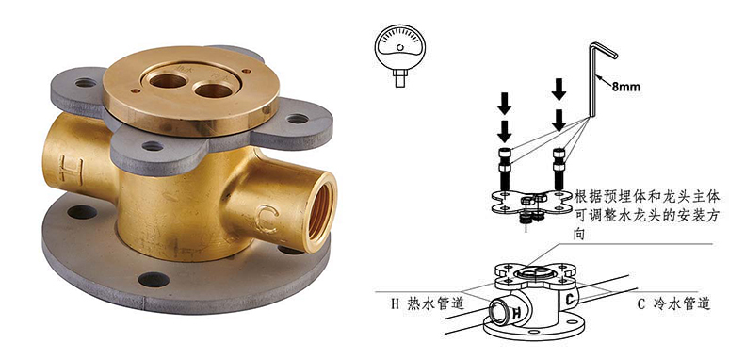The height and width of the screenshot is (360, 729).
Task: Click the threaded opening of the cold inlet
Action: (x=321, y=205)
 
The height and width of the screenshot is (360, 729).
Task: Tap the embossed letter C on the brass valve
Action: (x=267, y=219)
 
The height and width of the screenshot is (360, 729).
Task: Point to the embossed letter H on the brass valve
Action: (x=71, y=171)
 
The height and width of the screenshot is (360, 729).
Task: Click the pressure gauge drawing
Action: (x=400, y=55)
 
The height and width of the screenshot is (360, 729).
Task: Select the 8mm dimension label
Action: (x=625, y=87)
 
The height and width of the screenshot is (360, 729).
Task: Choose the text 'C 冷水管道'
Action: (x=673, y=304)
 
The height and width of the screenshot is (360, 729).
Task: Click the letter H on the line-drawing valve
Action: (x=516, y=314)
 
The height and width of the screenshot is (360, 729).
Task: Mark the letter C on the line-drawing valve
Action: (x=570, y=300)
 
